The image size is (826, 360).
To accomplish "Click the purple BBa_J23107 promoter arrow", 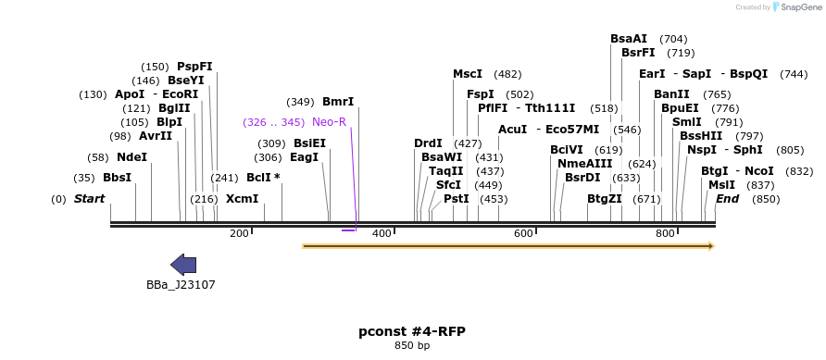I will click(183, 265).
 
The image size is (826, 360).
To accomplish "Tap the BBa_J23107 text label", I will click(181, 285).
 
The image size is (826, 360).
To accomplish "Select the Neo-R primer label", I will click(329, 122).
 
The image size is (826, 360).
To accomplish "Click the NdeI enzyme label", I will click(131, 157).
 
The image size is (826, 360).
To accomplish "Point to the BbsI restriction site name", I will click(117, 178).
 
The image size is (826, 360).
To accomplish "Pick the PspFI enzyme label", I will click(194, 67).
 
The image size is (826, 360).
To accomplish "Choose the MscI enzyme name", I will click(468, 74).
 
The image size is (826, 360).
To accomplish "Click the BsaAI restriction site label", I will click(629, 39).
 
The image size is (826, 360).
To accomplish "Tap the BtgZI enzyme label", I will click(605, 198).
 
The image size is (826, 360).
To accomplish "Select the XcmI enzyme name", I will click(243, 198).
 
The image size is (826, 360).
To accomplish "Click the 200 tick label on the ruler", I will click(239, 233).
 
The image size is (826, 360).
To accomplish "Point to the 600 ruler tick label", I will click(523, 233).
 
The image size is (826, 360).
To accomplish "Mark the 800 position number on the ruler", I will click(665, 233).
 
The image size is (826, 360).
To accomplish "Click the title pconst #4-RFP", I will click(412, 331).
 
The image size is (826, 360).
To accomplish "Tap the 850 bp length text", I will click(412, 346).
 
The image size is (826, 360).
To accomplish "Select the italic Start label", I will click(89, 199).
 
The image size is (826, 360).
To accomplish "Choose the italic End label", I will click(727, 199).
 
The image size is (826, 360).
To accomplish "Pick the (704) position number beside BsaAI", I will click(673, 39).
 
